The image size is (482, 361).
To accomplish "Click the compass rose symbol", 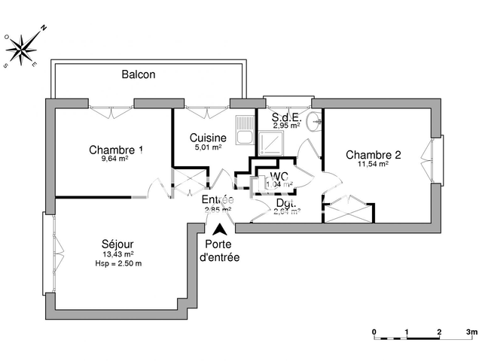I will coord(23,47).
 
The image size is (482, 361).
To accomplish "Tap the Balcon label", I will coord(139,74).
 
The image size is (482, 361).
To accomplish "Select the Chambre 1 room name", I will coord(116,149).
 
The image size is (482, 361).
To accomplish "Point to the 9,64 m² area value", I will coord(115,159).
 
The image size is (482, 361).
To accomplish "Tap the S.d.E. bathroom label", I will coord(286,117).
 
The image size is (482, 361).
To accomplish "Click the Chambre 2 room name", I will coord(373,155).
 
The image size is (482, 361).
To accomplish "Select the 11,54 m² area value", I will coord(373,164).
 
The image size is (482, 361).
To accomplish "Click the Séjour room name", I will coord(117,244).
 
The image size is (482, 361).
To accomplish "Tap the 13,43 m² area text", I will coord(117,254).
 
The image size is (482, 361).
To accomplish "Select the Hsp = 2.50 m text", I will coord(118,263).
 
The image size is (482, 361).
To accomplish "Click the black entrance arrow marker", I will coord(219,231).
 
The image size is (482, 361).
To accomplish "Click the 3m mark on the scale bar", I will coord(471,331).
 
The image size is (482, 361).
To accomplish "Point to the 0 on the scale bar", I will coord(374,331).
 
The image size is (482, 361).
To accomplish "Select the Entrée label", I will coord(218,199).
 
